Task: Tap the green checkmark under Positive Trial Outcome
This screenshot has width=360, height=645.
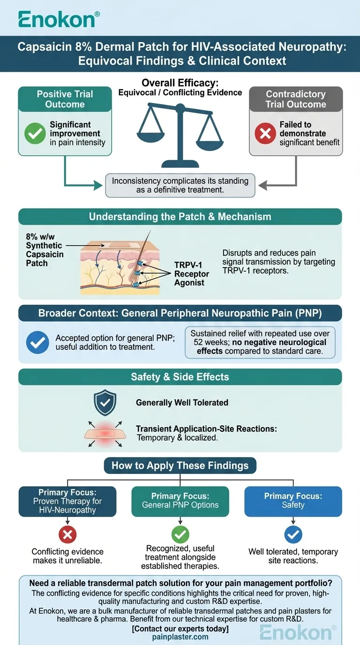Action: (35, 133)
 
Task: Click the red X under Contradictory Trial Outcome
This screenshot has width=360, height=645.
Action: (265, 134)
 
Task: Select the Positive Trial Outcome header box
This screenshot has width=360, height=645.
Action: (65, 99)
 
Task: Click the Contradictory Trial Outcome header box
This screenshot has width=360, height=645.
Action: (296, 99)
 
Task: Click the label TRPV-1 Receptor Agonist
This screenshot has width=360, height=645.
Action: (189, 274)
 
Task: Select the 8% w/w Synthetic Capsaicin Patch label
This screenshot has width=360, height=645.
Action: (45, 250)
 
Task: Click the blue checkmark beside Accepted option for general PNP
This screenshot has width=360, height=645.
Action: (37, 343)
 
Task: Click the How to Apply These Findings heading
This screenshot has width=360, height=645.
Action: (180, 465)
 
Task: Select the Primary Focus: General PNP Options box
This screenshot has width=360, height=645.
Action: (180, 501)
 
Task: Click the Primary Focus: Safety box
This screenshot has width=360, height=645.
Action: (293, 501)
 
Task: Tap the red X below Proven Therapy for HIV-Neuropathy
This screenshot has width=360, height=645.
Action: (67, 534)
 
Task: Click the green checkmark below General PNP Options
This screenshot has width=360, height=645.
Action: (180, 534)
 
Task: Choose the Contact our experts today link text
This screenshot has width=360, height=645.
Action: (180, 629)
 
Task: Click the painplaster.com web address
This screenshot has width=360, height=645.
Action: (180, 637)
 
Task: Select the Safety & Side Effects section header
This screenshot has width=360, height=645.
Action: (180, 377)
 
